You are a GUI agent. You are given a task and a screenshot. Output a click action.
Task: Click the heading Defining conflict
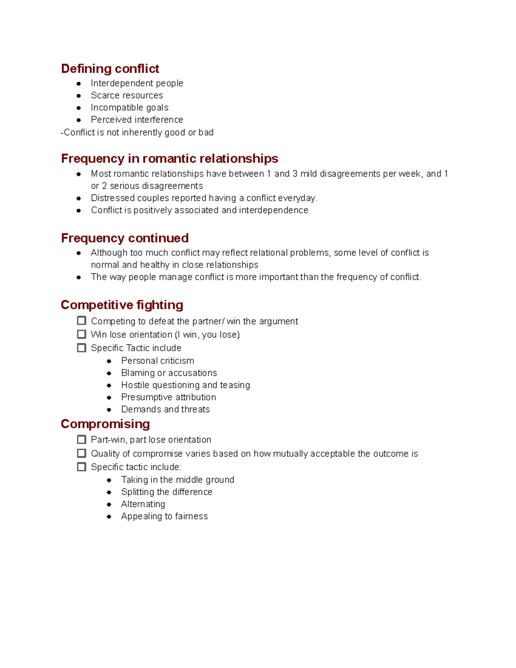[110, 69]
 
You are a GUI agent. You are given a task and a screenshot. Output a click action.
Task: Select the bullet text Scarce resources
[127, 95]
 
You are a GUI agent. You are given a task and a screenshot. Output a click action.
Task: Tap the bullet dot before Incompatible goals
[79, 108]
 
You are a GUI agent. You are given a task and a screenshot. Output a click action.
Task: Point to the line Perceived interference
[137, 120]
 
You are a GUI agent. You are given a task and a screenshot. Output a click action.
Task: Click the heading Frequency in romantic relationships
[169, 159]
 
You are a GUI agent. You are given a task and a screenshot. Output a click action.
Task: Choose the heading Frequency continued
[125, 238]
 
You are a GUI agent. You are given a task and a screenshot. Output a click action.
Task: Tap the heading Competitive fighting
[122, 305]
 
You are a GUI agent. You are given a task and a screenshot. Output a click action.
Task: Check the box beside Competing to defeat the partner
[81, 321]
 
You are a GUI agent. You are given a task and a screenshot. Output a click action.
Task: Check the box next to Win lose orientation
[81, 334]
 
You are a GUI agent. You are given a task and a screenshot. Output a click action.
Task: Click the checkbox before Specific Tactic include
[81, 348]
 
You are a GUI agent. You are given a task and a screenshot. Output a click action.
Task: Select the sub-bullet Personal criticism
[157, 361]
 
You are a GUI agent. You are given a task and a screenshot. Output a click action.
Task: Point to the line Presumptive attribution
[169, 397]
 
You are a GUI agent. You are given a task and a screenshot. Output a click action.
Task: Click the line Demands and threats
[165, 409]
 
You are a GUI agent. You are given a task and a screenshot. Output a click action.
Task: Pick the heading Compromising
[105, 424]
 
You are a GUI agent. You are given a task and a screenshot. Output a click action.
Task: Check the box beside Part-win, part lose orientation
[81, 440]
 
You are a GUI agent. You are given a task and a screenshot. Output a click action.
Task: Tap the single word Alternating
[143, 504]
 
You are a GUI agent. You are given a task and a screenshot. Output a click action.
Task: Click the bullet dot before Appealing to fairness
[109, 517]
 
